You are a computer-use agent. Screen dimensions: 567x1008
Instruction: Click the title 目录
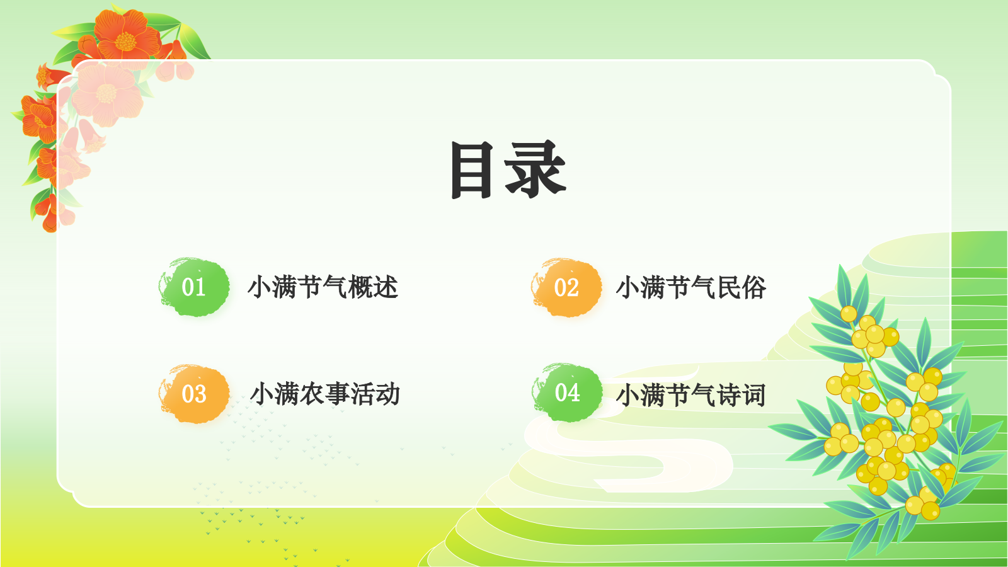[508, 169]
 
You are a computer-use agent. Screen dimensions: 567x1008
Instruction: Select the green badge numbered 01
[194, 287]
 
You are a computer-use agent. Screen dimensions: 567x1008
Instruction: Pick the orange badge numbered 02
[566, 287]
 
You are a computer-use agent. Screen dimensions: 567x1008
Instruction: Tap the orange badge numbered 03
[194, 394]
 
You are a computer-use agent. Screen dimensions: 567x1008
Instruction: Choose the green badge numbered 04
[567, 392]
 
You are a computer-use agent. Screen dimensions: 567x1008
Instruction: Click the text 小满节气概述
[323, 287]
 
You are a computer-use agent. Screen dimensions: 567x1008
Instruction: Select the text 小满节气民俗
[690, 287]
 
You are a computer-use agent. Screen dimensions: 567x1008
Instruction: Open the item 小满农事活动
[325, 394]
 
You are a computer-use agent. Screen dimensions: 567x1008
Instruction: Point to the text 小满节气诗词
[690, 395]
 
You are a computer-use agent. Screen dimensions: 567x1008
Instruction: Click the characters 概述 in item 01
[373, 287]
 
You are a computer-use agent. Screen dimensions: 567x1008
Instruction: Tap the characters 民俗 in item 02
[742, 287]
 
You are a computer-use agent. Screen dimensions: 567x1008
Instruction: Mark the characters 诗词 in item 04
[742, 395]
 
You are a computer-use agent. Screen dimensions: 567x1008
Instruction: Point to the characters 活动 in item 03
[375, 394]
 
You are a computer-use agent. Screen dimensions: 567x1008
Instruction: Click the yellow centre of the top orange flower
[125, 42]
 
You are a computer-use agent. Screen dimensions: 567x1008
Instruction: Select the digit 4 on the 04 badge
[573, 392]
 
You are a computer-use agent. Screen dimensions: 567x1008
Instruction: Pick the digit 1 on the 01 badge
[200, 287]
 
